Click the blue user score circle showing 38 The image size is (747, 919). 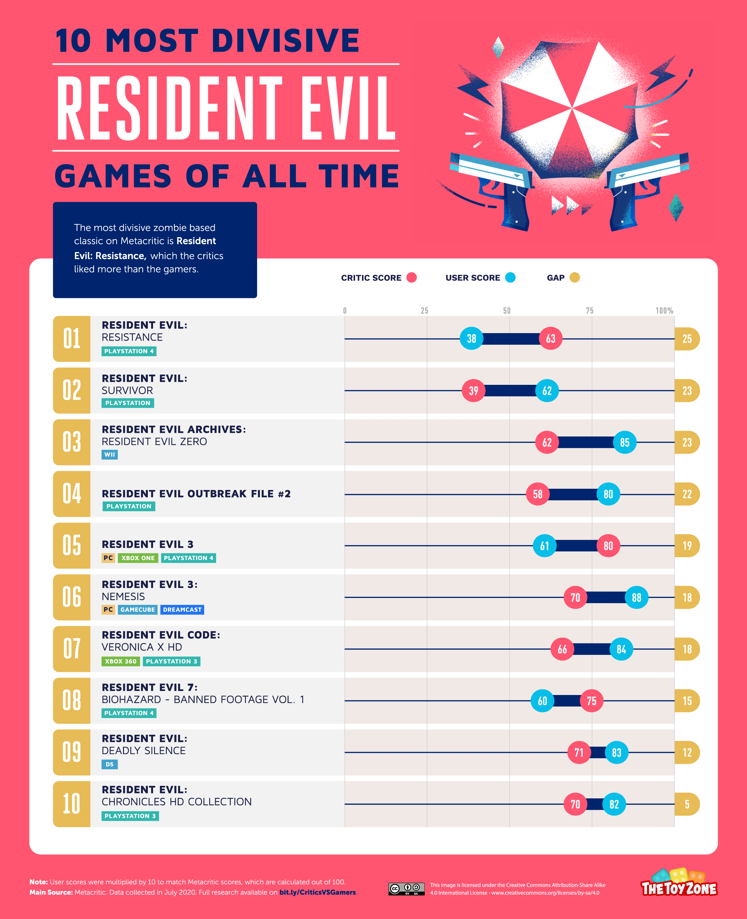click(x=471, y=338)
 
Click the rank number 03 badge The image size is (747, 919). click(x=71, y=442)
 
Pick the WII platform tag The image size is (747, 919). click(x=109, y=455)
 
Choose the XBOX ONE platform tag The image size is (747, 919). click(x=138, y=558)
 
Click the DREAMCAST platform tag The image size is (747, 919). click(x=182, y=609)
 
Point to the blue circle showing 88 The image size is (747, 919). click(x=637, y=597)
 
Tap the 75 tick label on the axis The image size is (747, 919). click(x=590, y=310)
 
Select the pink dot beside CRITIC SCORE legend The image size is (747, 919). click(x=411, y=278)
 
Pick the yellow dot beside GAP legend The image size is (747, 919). click(x=575, y=278)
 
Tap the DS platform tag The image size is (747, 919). click(x=109, y=764)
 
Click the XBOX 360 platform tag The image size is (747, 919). click(x=120, y=661)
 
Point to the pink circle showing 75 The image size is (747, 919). click(x=591, y=701)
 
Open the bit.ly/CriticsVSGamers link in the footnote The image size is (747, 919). click(x=317, y=892)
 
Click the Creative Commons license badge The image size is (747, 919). click(x=406, y=889)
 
